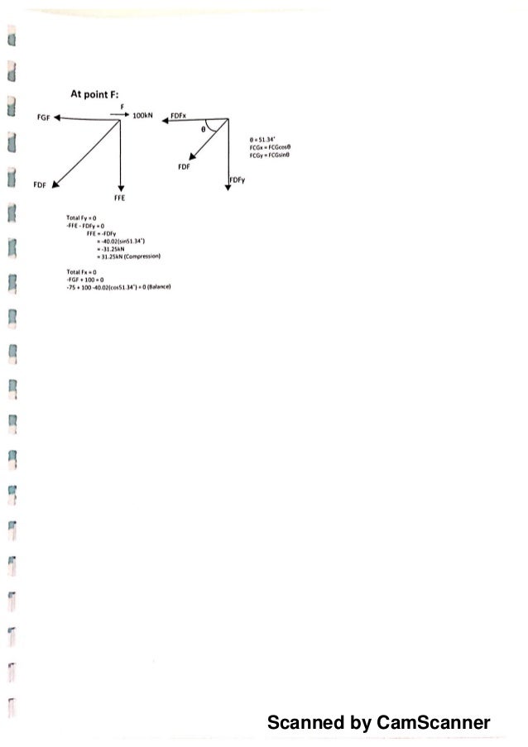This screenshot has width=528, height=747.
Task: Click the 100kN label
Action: [x=145, y=117]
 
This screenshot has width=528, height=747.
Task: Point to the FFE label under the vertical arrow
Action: [x=120, y=199]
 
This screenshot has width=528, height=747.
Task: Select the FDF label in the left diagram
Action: [x=39, y=184]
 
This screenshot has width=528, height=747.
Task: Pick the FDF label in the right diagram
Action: [x=185, y=166]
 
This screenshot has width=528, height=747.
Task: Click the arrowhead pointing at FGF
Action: [x=60, y=118]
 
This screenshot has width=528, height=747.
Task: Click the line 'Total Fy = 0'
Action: [x=82, y=218]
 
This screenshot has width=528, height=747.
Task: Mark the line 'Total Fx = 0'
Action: [x=82, y=271]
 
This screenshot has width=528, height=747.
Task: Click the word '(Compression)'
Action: [x=142, y=256]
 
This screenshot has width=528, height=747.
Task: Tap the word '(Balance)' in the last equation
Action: [x=157, y=286]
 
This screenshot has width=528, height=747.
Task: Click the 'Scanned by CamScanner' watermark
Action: [x=378, y=723]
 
